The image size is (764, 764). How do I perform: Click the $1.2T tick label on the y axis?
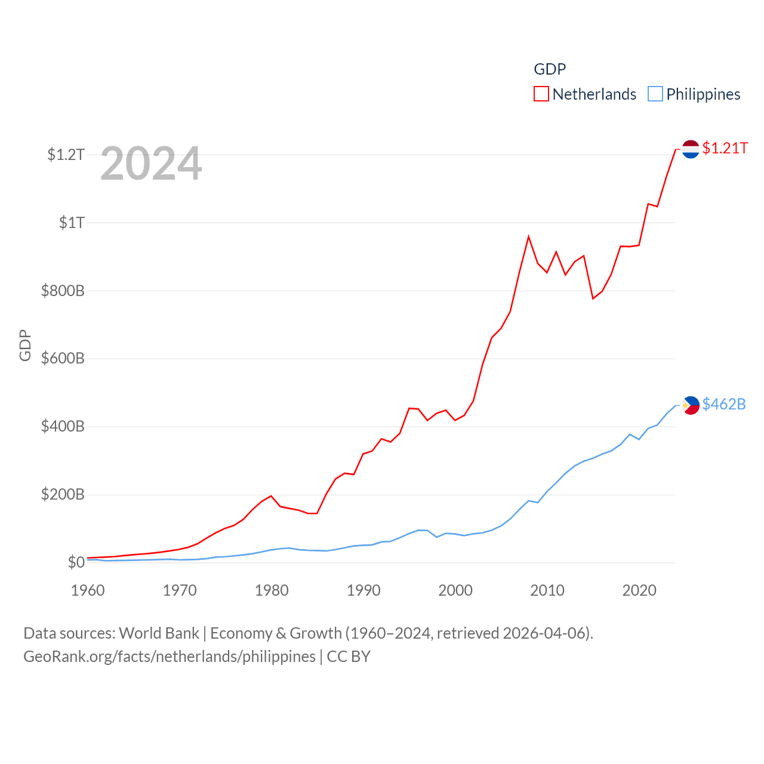66,155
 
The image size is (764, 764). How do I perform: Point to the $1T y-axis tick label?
72,223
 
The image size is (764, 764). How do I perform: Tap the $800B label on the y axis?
63,291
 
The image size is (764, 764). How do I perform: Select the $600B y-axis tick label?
63,359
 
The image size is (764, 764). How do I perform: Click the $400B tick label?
63,427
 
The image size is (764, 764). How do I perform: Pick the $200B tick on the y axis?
63,495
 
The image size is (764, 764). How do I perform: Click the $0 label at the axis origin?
76,563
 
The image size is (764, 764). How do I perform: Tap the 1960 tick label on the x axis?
88,591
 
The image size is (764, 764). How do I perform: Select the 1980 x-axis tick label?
272,591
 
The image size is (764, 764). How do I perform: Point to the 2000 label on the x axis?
455,591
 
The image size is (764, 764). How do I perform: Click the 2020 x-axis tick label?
639,591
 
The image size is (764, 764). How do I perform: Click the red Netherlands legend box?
541,94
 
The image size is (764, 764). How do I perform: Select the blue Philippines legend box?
655,94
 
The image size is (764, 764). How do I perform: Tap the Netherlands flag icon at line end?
691,149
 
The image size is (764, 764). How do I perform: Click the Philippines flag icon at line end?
691,405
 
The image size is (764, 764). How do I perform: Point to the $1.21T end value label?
725,149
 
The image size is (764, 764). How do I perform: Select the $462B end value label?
724,405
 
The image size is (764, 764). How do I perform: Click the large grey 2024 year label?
151,164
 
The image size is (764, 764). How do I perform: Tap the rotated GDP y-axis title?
25,345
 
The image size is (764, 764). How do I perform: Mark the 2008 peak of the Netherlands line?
529,237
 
